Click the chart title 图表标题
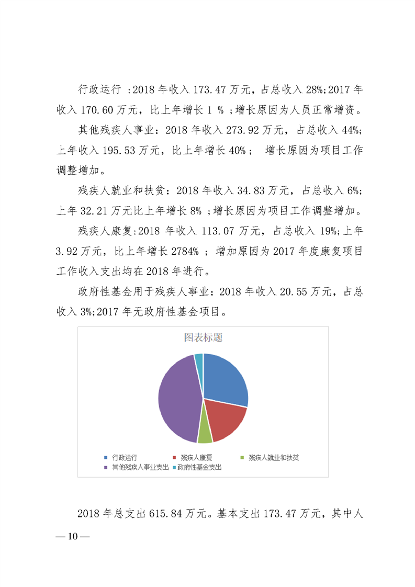point(203,338)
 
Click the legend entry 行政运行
point(124,458)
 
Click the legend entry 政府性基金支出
point(199,467)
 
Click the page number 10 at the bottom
point(72,537)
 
